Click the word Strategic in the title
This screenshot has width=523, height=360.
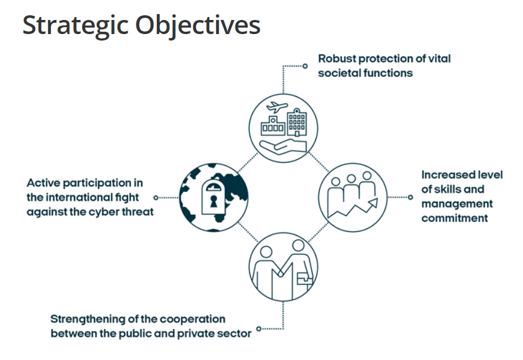(x=75, y=26)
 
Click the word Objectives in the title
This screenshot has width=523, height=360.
(x=198, y=26)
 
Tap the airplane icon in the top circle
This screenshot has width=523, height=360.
(x=277, y=107)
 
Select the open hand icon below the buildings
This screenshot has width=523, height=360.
(x=283, y=147)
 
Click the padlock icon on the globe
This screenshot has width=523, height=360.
(x=213, y=197)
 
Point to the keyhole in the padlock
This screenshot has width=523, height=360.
(x=213, y=201)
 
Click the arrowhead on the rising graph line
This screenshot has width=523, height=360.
(x=373, y=203)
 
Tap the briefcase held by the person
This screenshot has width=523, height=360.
(x=304, y=279)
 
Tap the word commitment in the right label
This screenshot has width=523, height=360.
(x=454, y=218)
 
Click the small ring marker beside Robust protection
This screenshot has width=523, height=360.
(x=305, y=66)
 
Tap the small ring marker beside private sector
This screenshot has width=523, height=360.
(x=259, y=329)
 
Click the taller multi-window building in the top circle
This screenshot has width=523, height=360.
(x=297, y=122)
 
